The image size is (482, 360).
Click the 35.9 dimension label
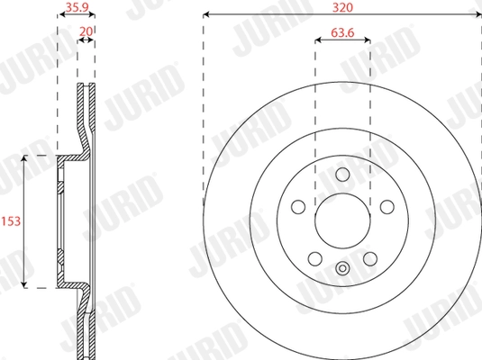pos(77,7)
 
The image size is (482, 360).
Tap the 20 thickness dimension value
pos(86,31)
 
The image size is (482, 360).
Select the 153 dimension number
pos(11,221)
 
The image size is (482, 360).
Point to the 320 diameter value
pos(342,7)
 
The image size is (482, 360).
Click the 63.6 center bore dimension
pos(342,32)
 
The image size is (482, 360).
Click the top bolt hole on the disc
pos(342,175)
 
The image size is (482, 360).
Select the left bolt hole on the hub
pos(298,207)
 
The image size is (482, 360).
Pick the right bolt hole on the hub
pos(387,207)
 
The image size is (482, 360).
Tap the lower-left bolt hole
pos(315,259)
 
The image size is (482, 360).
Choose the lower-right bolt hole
pos(370,259)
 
